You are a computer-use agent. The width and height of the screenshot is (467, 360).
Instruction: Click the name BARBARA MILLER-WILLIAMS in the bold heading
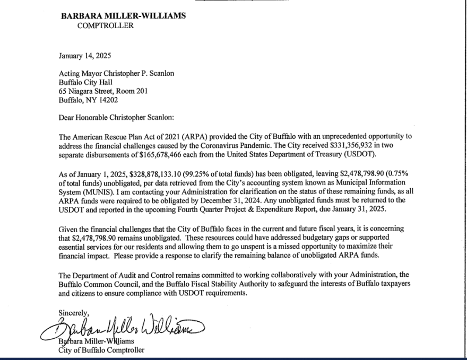coord(123,16)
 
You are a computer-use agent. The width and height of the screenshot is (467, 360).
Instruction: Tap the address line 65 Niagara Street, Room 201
coord(103,91)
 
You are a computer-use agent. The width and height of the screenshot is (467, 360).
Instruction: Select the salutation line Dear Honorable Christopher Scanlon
coord(120,118)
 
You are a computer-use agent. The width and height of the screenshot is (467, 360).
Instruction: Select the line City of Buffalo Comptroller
coord(101,350)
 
